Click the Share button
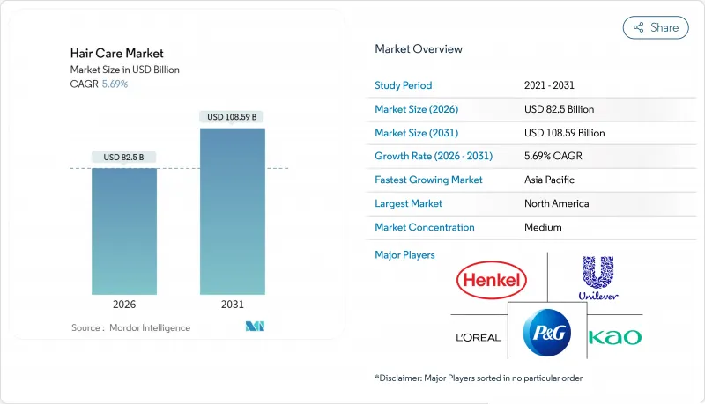tap(656, 27)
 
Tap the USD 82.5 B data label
tap(124, 158)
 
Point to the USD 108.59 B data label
tap(233, 117)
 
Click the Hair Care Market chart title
tap(116, 54)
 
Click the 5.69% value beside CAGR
tap(115, 84)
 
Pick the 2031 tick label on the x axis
tap(233, 305)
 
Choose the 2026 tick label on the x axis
tap(124, 305)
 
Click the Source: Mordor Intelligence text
tap(130, 327)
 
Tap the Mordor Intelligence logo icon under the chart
tap(256, 327)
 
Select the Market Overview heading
tap(419, 49)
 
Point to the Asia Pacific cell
tap(550, 180)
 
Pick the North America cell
tap(557, 203)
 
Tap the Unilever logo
tap(596, 278)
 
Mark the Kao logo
tap(614, 337)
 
